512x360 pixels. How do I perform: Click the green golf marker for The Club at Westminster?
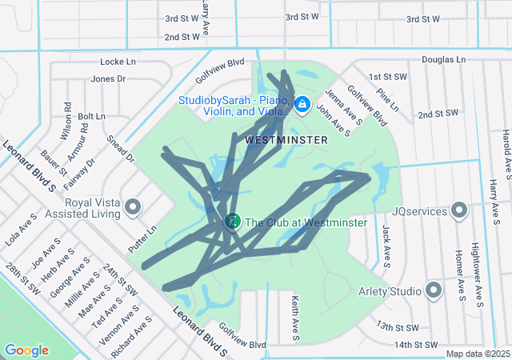(232, 221)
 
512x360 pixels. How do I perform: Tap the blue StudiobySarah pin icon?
(302, 105)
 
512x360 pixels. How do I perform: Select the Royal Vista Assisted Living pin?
(134, 208)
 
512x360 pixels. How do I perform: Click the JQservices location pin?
(459, 211)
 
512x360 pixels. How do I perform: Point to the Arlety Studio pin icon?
(434, 290)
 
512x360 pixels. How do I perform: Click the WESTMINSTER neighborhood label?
(286, 139)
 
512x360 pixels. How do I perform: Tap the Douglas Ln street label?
(443, 60)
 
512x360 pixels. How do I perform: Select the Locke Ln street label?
(118, 62)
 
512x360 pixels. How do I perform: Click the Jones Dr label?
(108, 78)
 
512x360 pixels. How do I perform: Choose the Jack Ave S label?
(386, 245)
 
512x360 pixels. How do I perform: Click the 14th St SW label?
(418, 345)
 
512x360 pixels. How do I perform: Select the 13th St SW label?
(398, 327)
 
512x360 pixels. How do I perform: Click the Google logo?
(26, 350)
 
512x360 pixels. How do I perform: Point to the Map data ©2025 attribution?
(477, 354)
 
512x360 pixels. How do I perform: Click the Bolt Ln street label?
(91, 116)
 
